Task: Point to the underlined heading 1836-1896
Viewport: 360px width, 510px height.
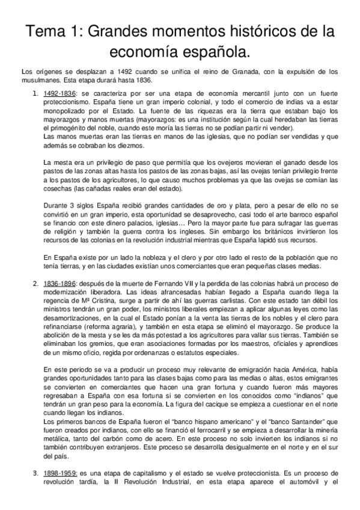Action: (x=58, y=283)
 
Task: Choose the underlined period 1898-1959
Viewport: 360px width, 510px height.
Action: (x=59, y=474)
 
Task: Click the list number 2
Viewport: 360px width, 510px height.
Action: (x=34, y=283)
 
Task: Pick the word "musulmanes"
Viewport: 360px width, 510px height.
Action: (x=38, y=80)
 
